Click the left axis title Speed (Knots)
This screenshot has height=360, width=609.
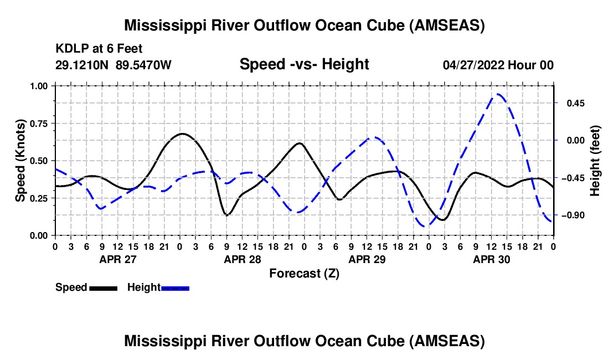(x=20, y=161)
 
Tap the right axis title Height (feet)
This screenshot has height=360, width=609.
(x=596, y=161)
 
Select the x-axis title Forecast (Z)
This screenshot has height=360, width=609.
(x=304, y=273)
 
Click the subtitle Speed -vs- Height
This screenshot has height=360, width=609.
(x=304, y=65)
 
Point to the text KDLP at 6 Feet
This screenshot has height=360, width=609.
(x=99, y=49)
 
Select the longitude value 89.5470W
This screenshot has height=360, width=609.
(x=144, y=65)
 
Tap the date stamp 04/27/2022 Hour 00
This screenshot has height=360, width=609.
(x=498, y=65)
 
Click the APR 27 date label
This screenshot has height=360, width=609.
(x=117, y=259)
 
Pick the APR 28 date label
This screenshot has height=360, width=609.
(x=242, y=259)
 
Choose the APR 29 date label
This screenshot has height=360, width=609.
(x=367, y=259)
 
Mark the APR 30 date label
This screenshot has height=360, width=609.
(x=491, y=259)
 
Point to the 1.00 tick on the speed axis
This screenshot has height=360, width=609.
(x=40, y=86)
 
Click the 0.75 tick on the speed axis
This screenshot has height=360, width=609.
(x=40, y=124)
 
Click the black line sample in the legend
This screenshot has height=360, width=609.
(x=104, y=287)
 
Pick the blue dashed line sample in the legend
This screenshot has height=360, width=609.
(x=176, y=287)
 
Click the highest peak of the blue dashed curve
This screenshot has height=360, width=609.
(x=498, y=94)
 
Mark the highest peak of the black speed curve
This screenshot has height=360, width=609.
(x=182, y=133)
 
